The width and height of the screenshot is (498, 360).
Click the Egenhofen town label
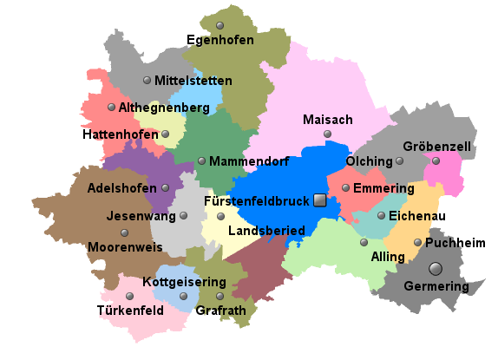tap(220, 40)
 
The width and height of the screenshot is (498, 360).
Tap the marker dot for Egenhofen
tap(220, 24)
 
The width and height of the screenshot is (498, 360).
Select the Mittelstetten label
tap(193, 81)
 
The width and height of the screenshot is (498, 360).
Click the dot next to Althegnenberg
tap(111, 108)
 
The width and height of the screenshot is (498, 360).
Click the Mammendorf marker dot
tap(201, 160)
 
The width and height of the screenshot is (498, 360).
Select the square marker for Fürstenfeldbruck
tap(319, 200)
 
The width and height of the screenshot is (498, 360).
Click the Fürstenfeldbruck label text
tap(256, 201)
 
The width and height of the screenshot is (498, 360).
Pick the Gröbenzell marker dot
tap(436, 160)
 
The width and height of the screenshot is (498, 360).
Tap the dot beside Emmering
tap(345, 187)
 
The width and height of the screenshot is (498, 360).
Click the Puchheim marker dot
tap(418, 243)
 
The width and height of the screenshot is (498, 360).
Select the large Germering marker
tap(436, 268)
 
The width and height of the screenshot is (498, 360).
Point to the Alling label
tap(387, 258)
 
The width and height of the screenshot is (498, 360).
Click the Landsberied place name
tap(266, 231)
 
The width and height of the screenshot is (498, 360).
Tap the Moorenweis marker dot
tap(125, 232)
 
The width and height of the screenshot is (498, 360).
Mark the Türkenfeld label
tap(130, 311)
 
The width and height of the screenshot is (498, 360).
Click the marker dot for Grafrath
tap(220, 296)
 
